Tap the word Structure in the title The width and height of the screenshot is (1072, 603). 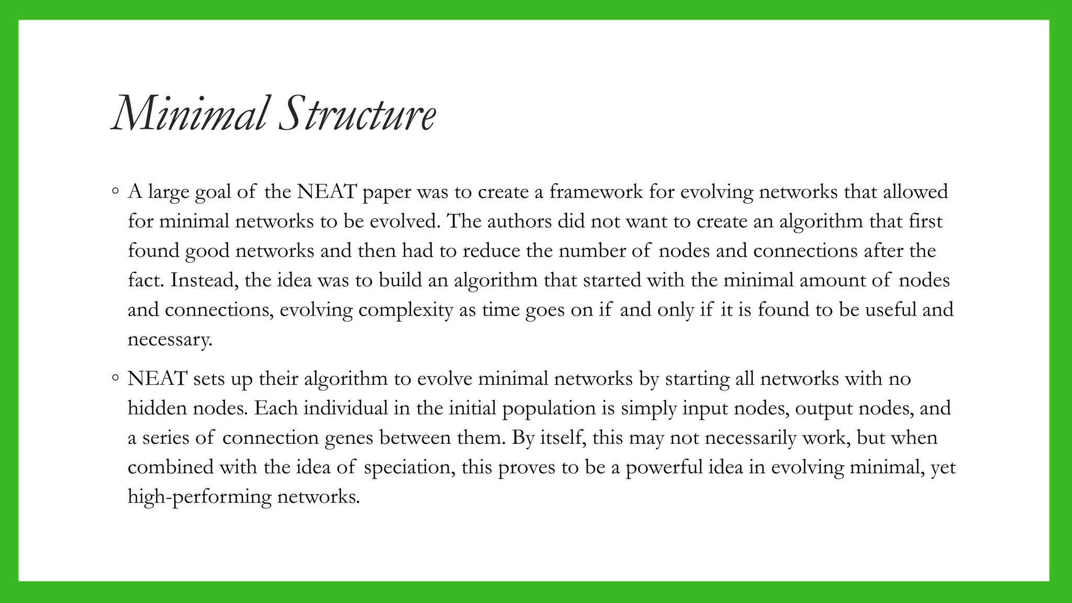click(x=357, y=115)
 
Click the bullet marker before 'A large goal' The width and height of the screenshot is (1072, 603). click(x=115, y=192)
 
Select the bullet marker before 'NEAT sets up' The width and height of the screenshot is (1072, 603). click(x=115, y=378)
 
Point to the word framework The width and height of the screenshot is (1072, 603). click(x=596, y=192)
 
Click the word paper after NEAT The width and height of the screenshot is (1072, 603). click(x=386, y=193)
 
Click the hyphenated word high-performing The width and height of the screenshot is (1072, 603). click(x=199, y=497)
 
